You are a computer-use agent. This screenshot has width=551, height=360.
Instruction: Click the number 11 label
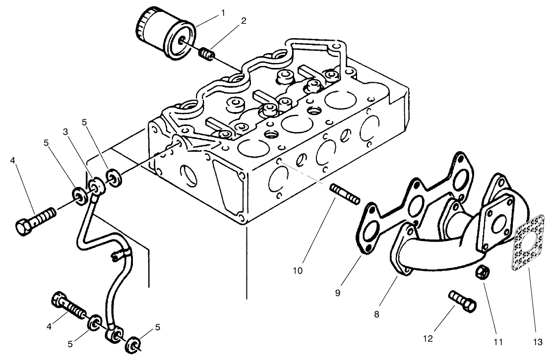[498, 342]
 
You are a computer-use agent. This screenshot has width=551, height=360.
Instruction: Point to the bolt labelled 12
[463, 301]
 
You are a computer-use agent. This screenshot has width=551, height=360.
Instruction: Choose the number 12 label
[428, 339]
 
